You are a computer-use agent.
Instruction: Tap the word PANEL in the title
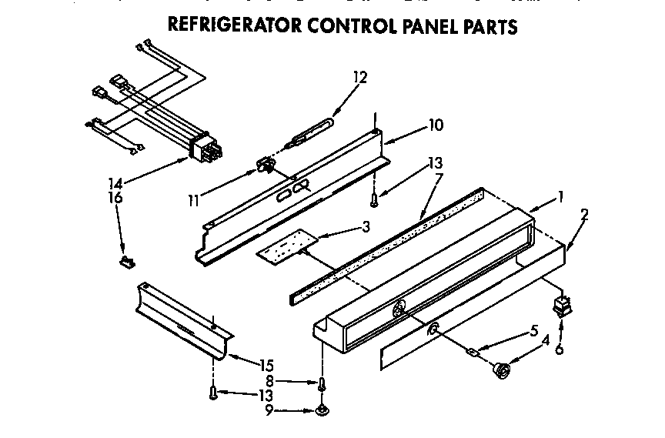point(433,26)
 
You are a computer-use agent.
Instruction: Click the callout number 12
point(360,77)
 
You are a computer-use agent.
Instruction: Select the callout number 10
point(435,125)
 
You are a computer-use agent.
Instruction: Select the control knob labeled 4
point(503,371)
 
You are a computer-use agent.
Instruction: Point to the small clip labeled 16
point(124,262)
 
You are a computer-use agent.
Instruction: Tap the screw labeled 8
point(321,382)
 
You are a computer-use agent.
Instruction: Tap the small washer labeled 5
point(472,353)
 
